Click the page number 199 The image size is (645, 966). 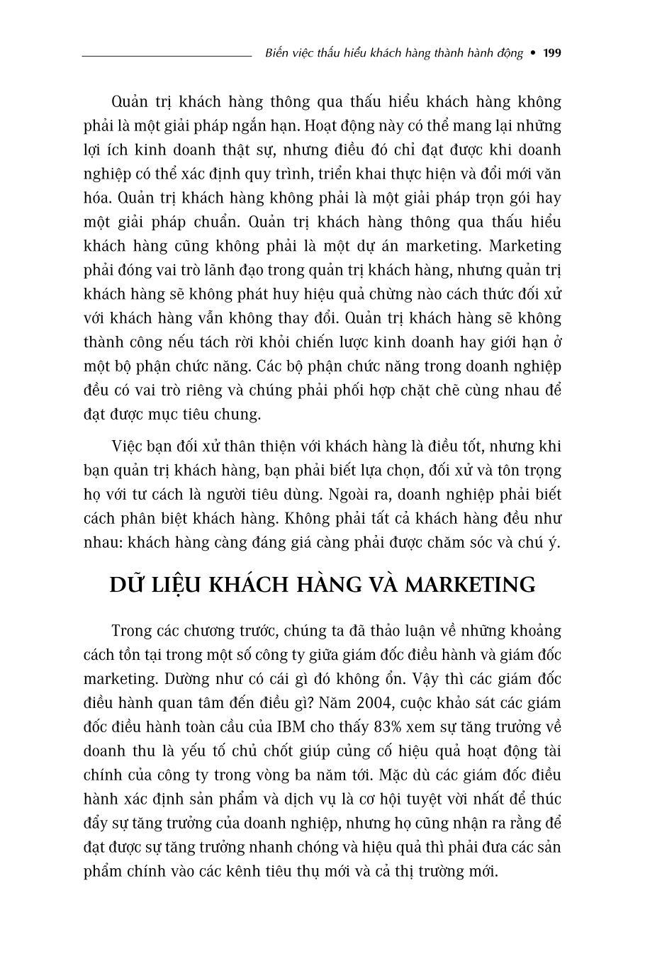pos(551,53)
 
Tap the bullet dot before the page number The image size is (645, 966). pos(533,53)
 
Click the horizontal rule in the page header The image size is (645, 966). pos(167,55)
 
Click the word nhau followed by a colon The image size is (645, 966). pos(102,542)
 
